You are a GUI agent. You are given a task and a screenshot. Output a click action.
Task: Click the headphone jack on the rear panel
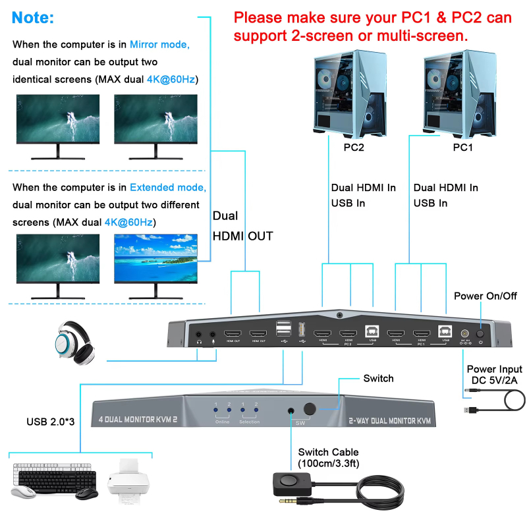[x=198, y=335]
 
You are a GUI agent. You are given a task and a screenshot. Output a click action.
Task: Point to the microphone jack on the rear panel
[x=213, y=335]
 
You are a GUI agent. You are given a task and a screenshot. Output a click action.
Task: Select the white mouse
[x=24, y=491]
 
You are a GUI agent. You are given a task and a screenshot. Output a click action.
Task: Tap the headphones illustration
[x=74, y=341]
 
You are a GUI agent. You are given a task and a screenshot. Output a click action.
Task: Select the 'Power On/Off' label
[x=485, y=296]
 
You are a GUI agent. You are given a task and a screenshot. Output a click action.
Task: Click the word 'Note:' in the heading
[x=33, y=17]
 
